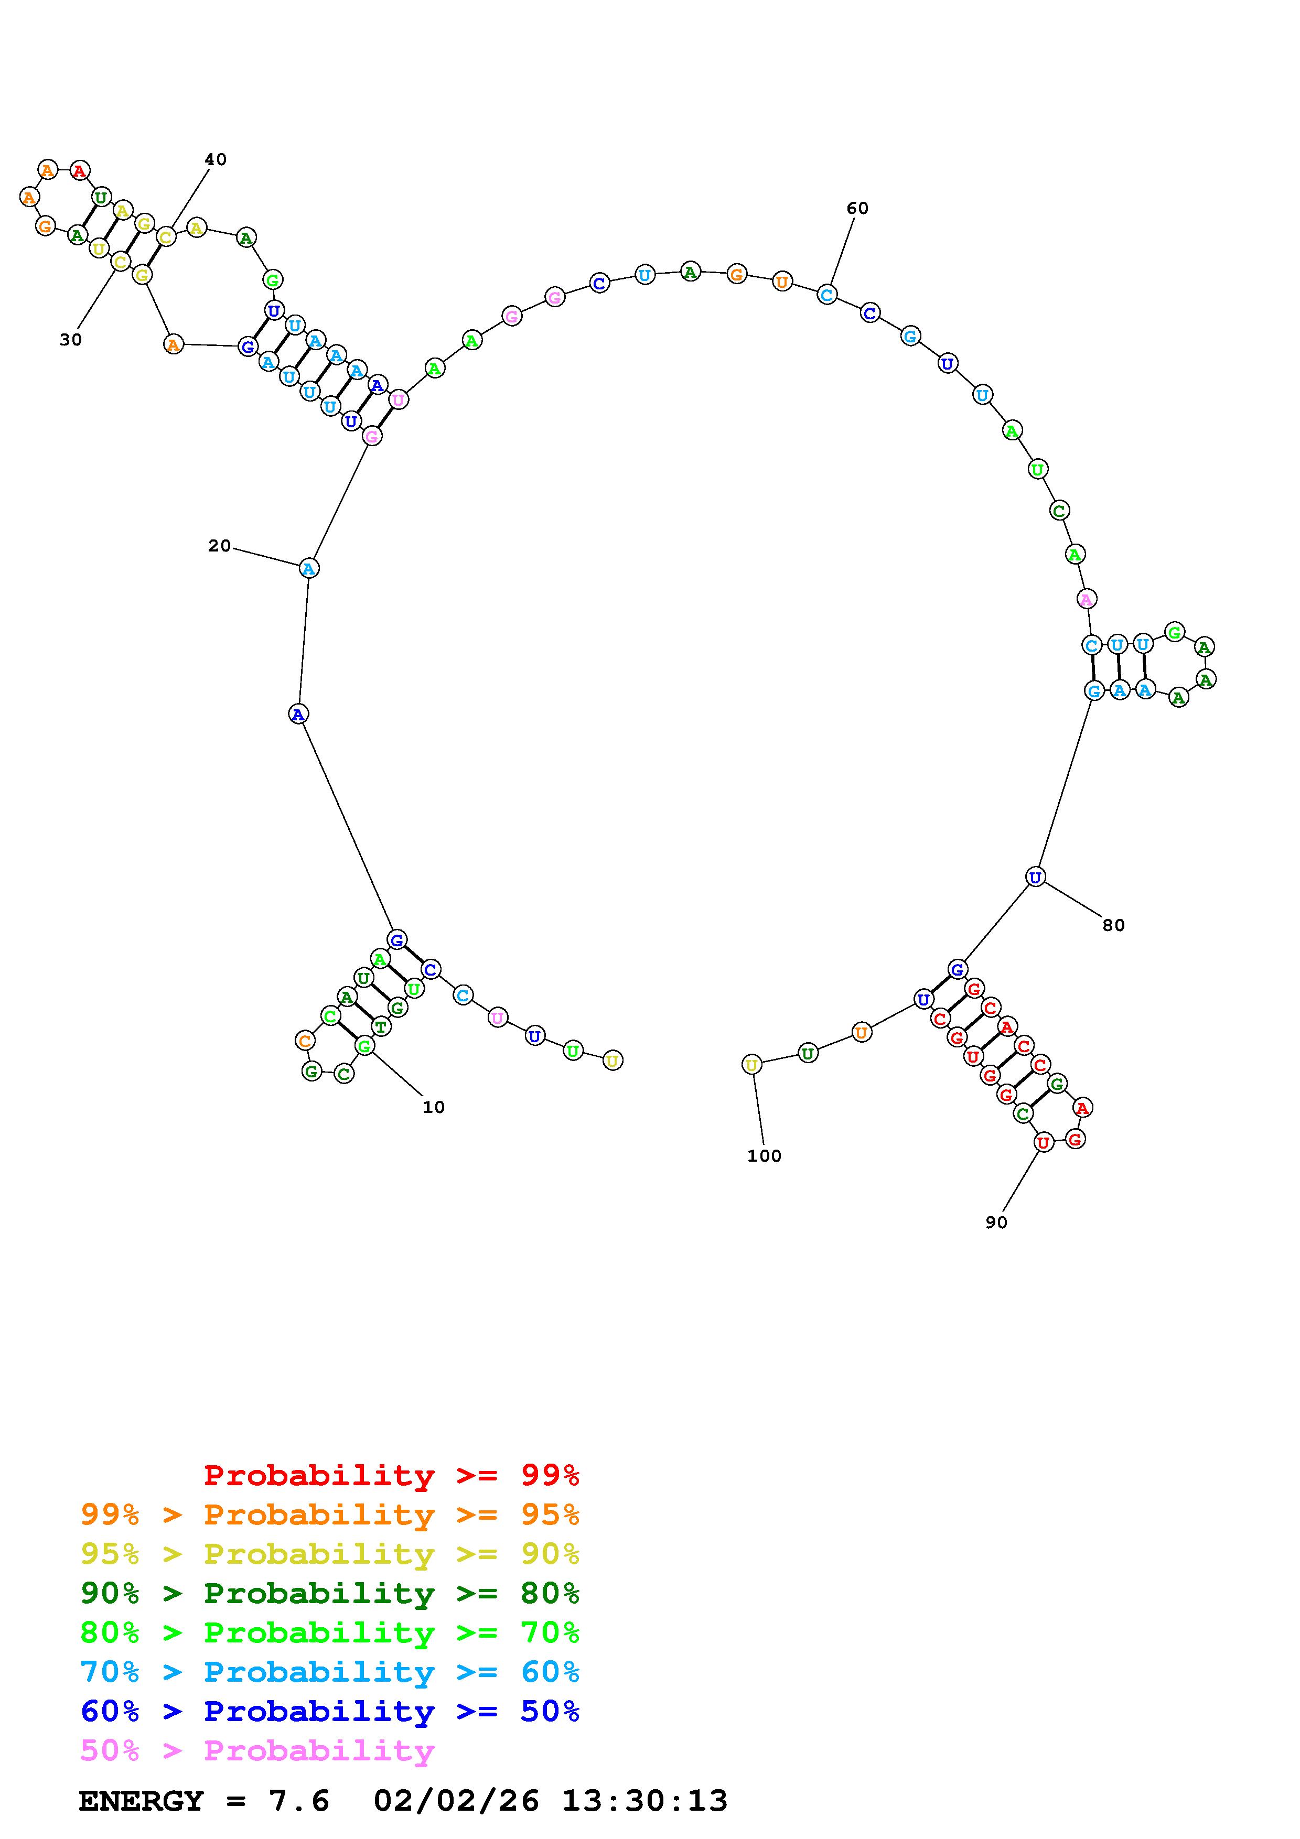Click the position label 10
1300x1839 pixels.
[433, 1107]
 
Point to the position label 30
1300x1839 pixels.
[70, 340]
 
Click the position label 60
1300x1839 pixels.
[857, 208]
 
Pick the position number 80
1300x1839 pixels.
[1113, 925]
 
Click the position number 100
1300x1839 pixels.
[764, 1156]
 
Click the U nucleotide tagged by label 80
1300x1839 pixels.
[1035, 877]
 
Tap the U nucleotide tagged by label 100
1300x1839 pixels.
[751, 1065]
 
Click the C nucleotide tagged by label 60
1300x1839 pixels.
[826, 295]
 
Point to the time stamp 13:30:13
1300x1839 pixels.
[644, 1801]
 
